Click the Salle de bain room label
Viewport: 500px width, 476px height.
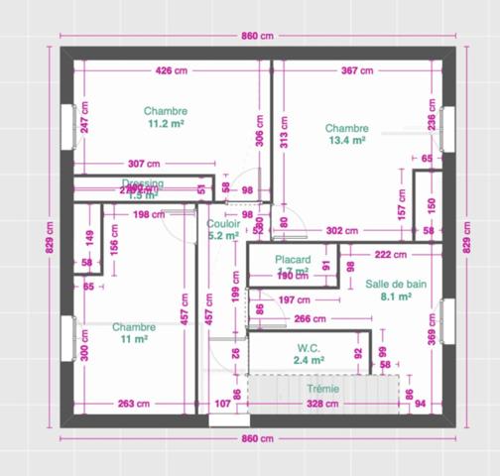[x=396, y=284]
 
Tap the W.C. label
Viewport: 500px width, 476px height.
[x=308, y=348]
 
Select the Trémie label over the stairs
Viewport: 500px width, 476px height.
[x=322, y=390]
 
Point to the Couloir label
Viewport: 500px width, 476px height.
[x=223, y=224]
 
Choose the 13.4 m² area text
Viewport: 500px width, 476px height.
[x=346, y=141]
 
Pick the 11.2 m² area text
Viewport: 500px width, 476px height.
[x=165, y=124]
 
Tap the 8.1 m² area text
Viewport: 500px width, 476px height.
[x=396, y=296]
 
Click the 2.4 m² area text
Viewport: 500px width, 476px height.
[x=308, y=361]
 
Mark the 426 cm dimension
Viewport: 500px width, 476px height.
[x=172, y=70]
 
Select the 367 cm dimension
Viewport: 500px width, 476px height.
[x=357, y=70]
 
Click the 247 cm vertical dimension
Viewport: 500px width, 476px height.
[x=85, y=118]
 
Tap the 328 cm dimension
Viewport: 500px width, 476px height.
[x=323, y=404]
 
